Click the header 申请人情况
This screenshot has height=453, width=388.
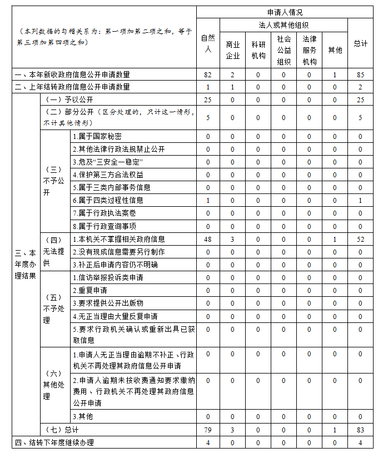(x=285, y=12)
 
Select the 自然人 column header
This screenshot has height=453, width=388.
(x=207, y=43)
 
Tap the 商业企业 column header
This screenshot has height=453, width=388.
(x=232, y=50)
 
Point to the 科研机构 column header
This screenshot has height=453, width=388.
(x=258, y=50)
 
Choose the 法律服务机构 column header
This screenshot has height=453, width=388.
(x=309, y=50)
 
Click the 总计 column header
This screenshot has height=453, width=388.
(x=360, y=43)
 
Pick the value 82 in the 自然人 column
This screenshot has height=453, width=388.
(x=208, y=74)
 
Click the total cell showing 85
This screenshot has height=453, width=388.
(x=360, y=74)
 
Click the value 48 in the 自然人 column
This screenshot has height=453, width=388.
(x=208, y=240)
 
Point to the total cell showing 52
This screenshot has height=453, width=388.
(x=360, y=240)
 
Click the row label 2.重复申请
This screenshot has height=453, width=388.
(x=91, y=291)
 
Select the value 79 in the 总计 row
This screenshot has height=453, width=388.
(x=208, y=430)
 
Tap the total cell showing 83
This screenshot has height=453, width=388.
(x=360, y=430)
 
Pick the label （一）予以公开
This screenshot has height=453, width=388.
(x=63, y=100)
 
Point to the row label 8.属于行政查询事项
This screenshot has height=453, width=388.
(x=105, y=226)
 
